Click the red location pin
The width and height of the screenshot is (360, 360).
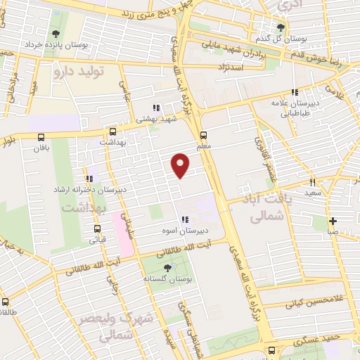pyautogui.click(x=181, y=165)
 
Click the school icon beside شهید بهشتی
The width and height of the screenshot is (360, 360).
pyautogui.click(x=156, y=108)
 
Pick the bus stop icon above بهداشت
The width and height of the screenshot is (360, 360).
pyautogui.click(x=112, y=131)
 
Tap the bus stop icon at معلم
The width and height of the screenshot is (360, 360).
pyautogui.click(x=203, y=135)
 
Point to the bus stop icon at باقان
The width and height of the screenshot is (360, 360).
pyautogui.click(x=42, y=137)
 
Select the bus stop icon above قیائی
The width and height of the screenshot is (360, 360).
pyautogui.click(x=97, y=228)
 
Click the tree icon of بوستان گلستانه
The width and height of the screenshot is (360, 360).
pyautogui.click(x=167, y=268)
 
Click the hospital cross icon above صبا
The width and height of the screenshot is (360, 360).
pyautogui.click(x=333, y=221)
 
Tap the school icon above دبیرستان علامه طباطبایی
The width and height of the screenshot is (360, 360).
pyautogui.click(x=296, y=92)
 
